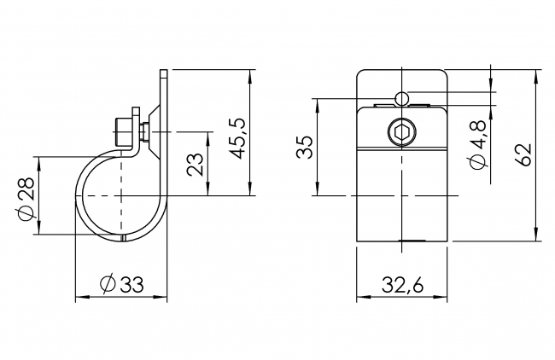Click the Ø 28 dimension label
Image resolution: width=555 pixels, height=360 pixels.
[x=26, y=195]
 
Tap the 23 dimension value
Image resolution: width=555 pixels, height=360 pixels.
[x=196, y=164]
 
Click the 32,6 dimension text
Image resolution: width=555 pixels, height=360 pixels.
[x=401, y=286]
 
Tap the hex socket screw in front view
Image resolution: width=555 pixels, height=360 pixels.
[x=401, y=133]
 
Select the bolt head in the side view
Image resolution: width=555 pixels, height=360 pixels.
[x=121, y=132]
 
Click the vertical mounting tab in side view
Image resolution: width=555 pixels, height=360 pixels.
[x=162, y=94]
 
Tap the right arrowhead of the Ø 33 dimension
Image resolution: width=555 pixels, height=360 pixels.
[x=164, y=298]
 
